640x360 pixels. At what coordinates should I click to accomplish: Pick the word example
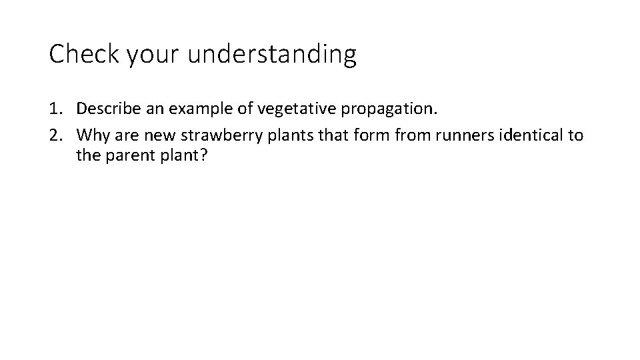(x=193, y=109)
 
